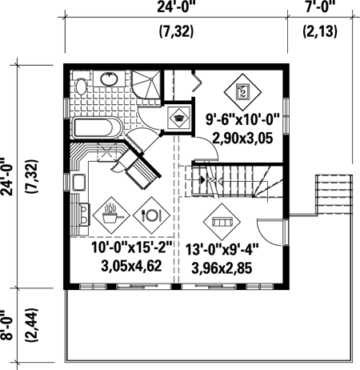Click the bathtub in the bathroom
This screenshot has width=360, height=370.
tap(97, 127)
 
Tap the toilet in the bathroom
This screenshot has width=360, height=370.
tap(81, 83)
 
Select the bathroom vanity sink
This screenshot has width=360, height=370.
tap(109, 78)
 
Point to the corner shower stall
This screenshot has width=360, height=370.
tap(146, 84)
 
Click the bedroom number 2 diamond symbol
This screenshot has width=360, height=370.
tap(242, 92)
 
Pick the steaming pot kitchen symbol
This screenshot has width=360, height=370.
tap(111, 215)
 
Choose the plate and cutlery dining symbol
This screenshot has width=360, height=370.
tap(151, 215)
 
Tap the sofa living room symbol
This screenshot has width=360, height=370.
tap(222, 222)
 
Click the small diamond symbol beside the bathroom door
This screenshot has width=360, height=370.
tap(178, 118)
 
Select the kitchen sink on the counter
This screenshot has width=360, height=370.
tap(79, 182)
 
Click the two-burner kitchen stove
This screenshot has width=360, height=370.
tap(84, 215)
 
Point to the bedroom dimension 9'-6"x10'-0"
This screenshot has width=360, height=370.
tap(242, 119)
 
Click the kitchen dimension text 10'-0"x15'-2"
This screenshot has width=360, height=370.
tap(132, 247)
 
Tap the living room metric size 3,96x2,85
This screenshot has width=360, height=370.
tap(222, 268)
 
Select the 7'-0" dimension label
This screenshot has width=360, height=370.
tap(320, 6)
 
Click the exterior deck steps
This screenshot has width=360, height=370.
tap(334, 195)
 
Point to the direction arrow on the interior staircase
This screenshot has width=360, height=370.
tap(203, 180)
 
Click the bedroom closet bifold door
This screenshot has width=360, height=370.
tap(197, 81)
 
